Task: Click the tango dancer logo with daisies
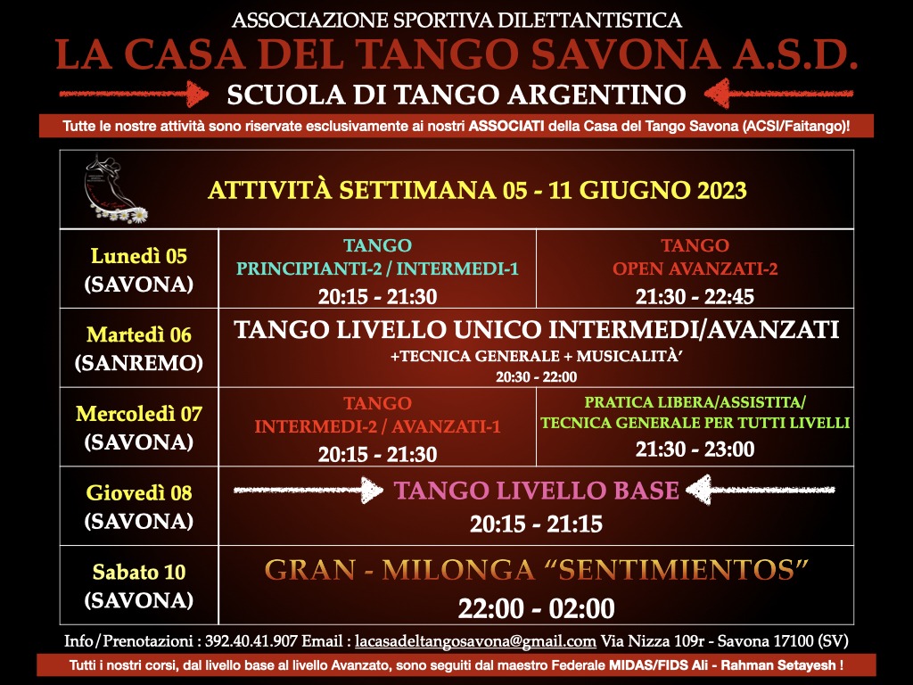(115, 189)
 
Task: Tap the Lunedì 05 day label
(138, 256)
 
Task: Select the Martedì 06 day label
(138, 335)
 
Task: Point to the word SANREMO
(138, 363)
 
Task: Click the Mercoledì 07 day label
(138, 414)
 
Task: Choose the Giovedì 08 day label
(138, 492)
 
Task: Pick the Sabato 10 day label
(138, 572)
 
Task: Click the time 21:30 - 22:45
(695, 297)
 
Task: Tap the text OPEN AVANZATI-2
(695, 268)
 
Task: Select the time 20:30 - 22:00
(536, 377)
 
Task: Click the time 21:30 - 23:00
(695, 450)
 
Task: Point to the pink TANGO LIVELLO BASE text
(536, 491)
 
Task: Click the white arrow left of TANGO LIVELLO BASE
(308, 490)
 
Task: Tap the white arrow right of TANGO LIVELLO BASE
(761, 490)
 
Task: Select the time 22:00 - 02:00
(536, 608)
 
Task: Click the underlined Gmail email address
(475, 641)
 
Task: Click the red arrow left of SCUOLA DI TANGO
(134, 94)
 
